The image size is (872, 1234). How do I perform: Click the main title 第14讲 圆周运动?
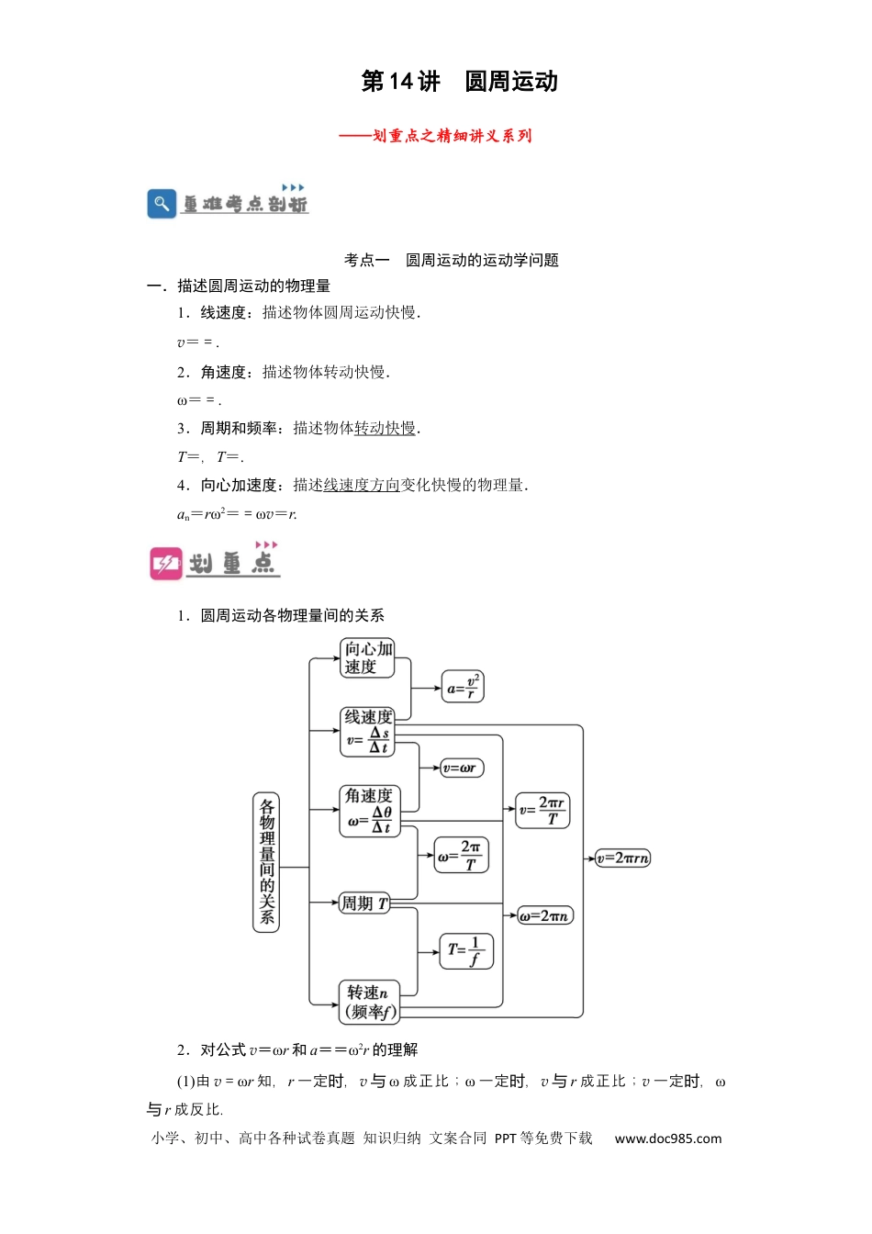coord(459,82)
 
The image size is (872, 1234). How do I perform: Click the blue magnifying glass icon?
coord(162,204)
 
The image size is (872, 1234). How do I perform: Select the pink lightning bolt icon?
coord(166,563)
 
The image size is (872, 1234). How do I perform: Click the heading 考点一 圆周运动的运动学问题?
coord(452,260)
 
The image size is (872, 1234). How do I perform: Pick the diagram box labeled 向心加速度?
coord(367,657)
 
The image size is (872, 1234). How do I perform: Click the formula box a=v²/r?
coord(463,687)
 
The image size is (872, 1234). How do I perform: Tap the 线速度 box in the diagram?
coord(367,732)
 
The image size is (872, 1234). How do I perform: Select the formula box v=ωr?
coord(463,768)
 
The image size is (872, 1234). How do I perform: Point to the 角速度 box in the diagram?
coord(370,812)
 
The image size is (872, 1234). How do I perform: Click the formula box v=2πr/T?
coord(542,811)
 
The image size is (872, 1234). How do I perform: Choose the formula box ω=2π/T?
coord(461,855)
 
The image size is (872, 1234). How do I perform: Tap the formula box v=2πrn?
coord(623,858)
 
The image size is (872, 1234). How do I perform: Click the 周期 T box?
coord(364,903)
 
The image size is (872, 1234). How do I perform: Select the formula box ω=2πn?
coord(545,915)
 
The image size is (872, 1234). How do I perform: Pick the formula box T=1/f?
coord(466,951)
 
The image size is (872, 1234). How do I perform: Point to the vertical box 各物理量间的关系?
coord(266,863)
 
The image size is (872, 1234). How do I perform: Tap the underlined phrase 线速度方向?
coord(362,485)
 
